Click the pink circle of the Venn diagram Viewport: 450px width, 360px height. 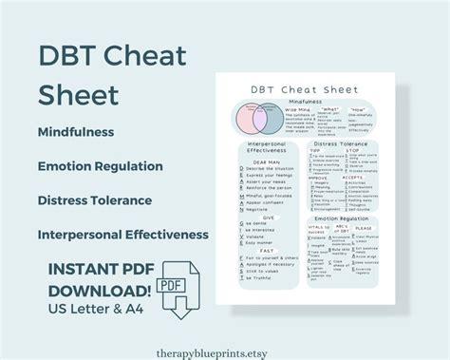tap(250, 120)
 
